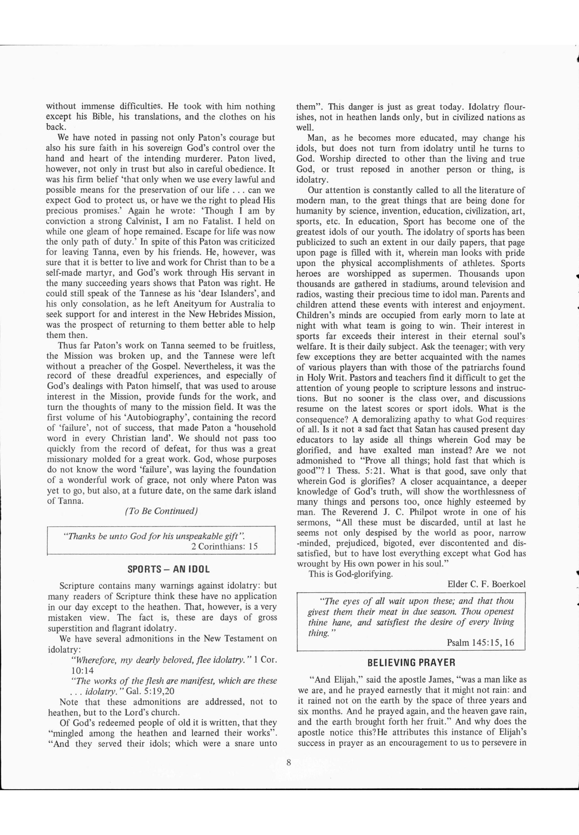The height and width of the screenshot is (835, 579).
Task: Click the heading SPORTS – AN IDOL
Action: [x=168, y=569]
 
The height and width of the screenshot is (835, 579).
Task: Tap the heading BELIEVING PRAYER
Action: [x=411, y=663]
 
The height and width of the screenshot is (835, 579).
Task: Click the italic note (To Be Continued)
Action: [x=161, y=511]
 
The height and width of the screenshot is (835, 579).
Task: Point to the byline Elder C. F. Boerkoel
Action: [x=486, y=584]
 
